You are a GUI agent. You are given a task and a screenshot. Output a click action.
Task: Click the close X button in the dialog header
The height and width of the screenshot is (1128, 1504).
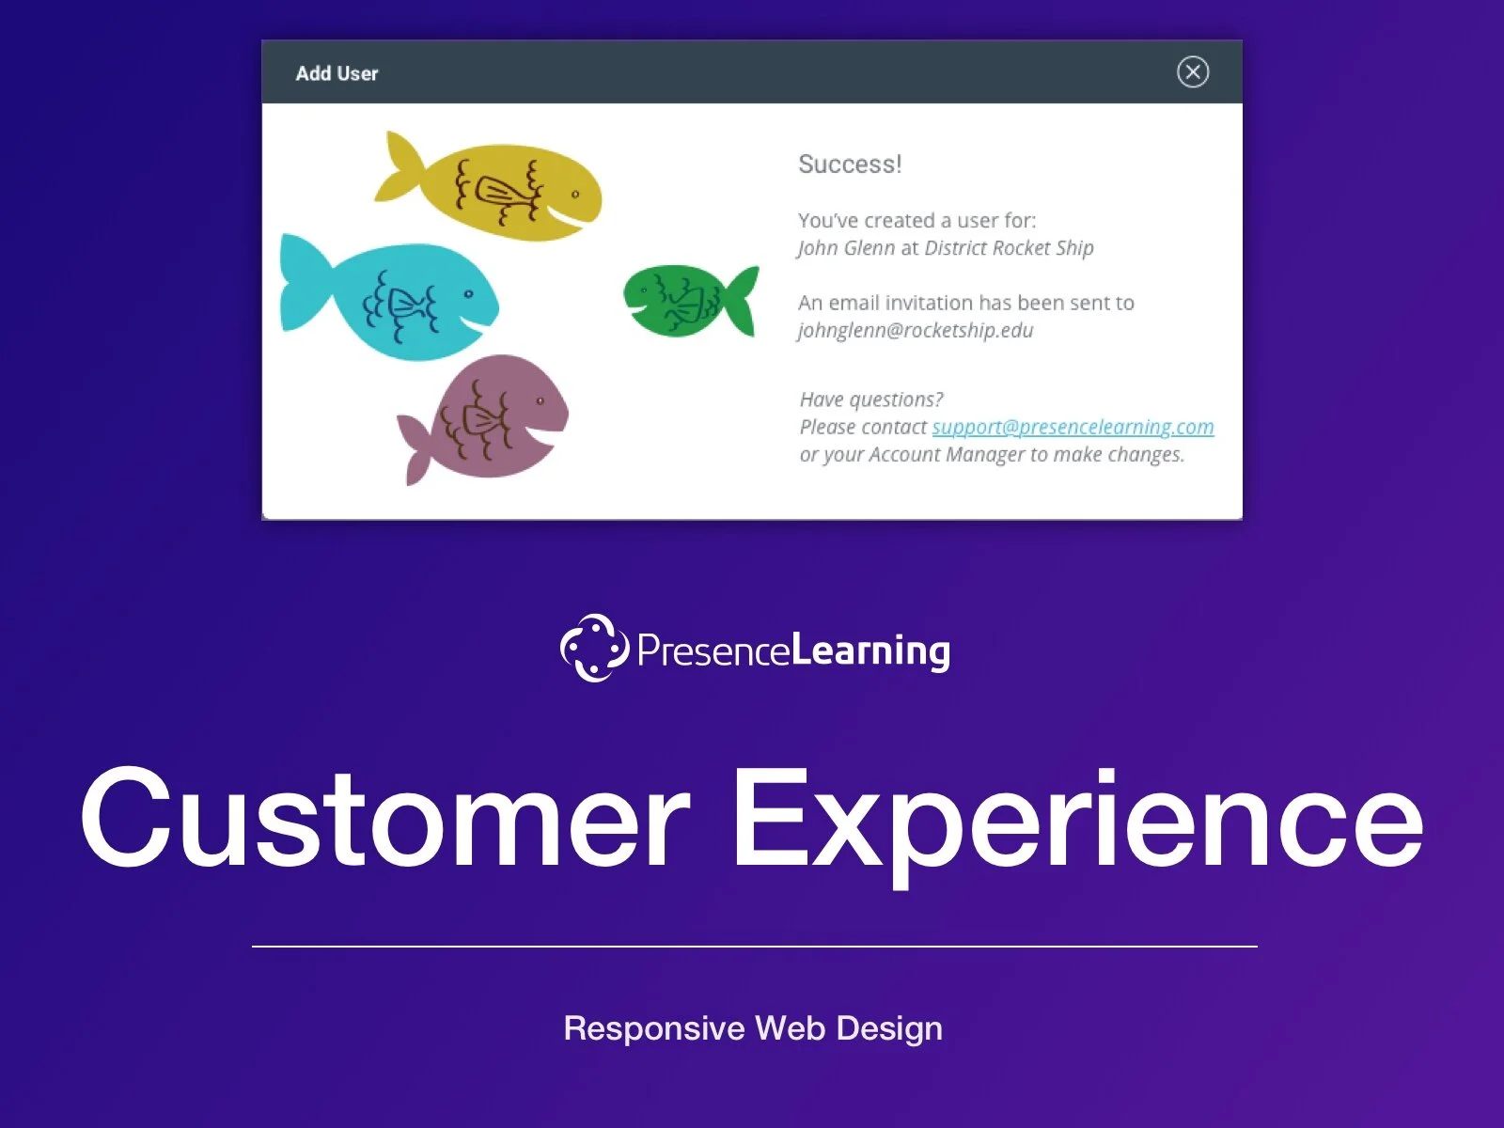pos(1193,72)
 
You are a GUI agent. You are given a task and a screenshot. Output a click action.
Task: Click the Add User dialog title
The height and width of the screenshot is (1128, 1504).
pos(337,73)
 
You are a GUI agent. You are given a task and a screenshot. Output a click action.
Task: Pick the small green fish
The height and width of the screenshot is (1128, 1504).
pos(681,299)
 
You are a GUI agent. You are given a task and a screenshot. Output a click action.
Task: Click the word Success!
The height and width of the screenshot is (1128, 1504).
pos(850,164)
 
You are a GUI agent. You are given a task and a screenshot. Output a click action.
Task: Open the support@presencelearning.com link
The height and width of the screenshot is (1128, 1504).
pos(1073,427)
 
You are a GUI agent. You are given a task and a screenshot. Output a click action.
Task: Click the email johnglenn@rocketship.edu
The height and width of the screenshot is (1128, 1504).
pos(916,331)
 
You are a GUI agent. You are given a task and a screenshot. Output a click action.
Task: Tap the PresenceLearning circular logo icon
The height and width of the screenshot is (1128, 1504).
pos(594,648)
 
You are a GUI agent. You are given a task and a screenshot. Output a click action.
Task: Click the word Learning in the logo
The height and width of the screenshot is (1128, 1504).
pos(870,650)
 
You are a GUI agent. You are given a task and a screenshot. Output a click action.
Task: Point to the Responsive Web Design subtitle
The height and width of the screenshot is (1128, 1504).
pos(753,1028)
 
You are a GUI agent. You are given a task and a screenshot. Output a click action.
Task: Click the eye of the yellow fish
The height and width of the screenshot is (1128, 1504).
pos(575,195)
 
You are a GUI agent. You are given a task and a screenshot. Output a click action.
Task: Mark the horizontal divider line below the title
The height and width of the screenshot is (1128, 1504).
pos(754,947)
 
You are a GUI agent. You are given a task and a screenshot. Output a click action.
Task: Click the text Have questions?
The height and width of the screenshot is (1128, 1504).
pos(871,399)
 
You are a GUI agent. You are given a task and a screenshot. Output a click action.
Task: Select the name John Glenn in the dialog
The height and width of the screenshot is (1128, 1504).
pos(846,248)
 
